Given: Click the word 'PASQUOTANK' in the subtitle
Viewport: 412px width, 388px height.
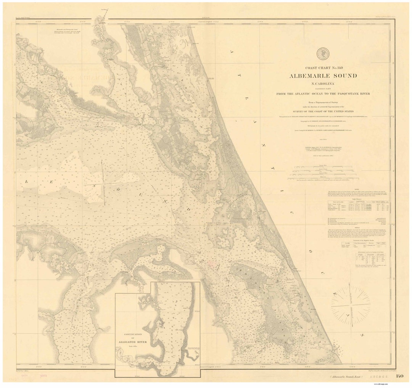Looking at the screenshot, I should tap(346, 93).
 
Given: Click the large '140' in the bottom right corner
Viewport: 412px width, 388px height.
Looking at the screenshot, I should tap(399, 376).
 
